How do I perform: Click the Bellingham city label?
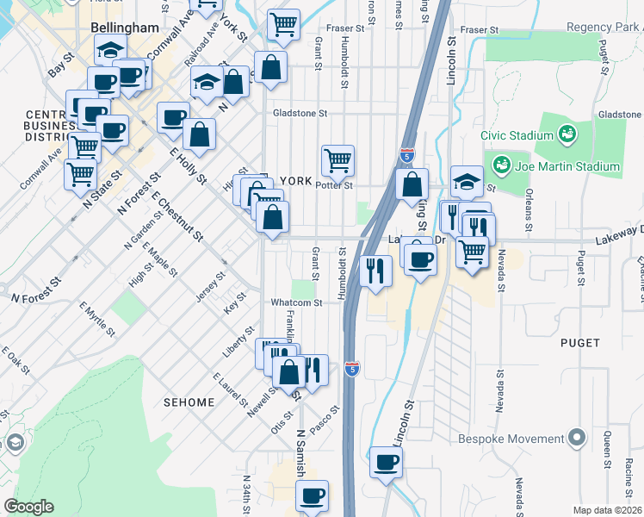(x=125, y=28)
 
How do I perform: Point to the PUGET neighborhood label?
(x=579, y=342)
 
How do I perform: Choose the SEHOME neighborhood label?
(x=188, y=402)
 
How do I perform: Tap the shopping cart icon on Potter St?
(x=337, y=159)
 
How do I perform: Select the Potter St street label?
(x=335, y=185)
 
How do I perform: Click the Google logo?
(x=28, y=507)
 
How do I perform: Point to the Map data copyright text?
(x=607, y=510)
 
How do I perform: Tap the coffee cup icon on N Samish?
(x=312, y=496)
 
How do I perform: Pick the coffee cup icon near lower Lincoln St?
(x=386, y=463)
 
